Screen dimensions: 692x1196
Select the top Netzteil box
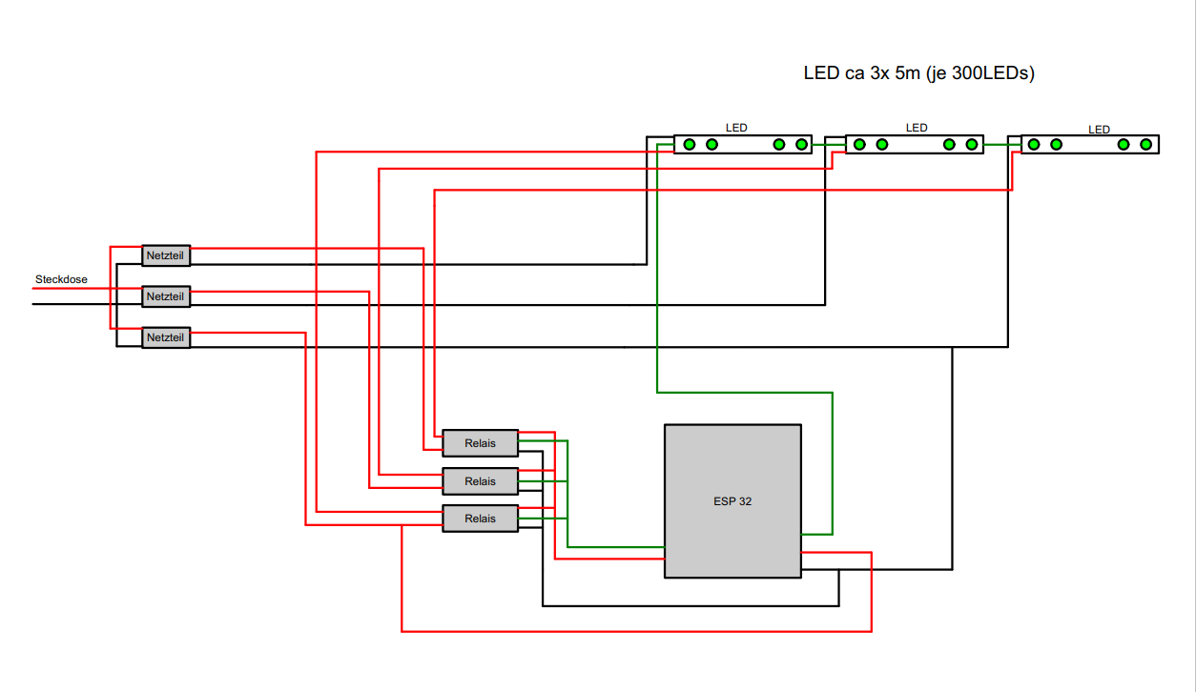(166, 255)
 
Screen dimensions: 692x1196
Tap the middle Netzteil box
(166, 296)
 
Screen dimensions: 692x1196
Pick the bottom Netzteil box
(166, 337)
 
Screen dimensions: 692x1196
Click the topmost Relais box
(480, 443)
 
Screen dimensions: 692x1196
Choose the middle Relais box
(480, 481)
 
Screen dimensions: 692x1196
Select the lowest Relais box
(480, 519)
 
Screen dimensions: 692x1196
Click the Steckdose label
(61, 279)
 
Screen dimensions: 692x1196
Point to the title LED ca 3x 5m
(918, 73)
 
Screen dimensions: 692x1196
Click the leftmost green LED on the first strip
(689, 144)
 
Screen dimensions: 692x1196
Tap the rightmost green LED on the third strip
(1146, 144)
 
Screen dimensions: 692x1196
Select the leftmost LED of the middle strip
(859, 144)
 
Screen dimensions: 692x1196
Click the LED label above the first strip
(736, 128)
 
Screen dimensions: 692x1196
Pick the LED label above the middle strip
(916, 128)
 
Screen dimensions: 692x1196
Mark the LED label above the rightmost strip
(1099, 130)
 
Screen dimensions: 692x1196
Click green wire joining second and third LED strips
(1001, 144)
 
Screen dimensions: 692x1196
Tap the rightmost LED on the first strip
(801, 144)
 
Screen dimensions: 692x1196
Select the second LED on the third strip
(1056, 144)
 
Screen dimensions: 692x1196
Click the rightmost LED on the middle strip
(972, 144)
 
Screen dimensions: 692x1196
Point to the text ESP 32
(732, 501)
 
